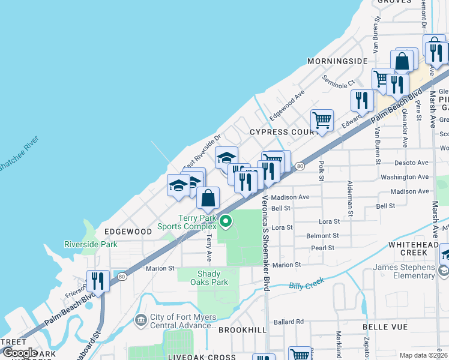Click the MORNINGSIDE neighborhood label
pos(337,61)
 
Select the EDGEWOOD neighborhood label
pos(128,231)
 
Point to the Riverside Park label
pos(91,244)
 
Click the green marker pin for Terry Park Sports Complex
pos(226,221)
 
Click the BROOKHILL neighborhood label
pos(242,330)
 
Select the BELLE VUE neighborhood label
pos(385,327)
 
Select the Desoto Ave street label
pos(411,163)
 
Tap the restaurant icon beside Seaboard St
pos(97,280)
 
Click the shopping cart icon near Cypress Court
pos(322,121)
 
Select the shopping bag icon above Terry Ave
pos(208,197)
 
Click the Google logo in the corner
pos(19,353)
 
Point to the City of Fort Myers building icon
pos(141,320)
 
